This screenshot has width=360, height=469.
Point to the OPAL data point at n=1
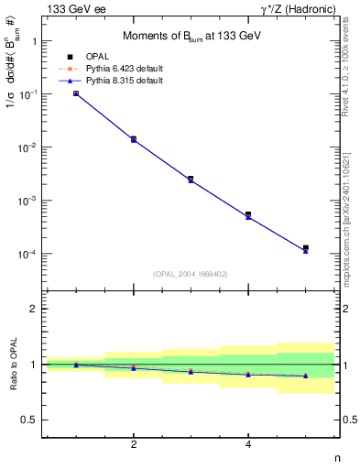[x=76, y=93]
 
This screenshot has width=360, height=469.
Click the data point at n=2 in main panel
[x=134, y=139]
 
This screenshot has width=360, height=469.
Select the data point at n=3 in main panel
[x=191, y=179]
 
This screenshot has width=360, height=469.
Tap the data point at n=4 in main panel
[x=248, y=215]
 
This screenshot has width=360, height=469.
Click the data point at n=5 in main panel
[x=305, y=248]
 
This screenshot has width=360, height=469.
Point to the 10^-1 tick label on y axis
[x=30, y=94]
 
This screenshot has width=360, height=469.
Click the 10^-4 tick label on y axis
[x=30, y=254]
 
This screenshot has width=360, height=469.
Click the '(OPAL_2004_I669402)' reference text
[x=191, y=273]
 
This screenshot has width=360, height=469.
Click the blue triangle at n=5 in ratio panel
[x=305, y=376]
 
